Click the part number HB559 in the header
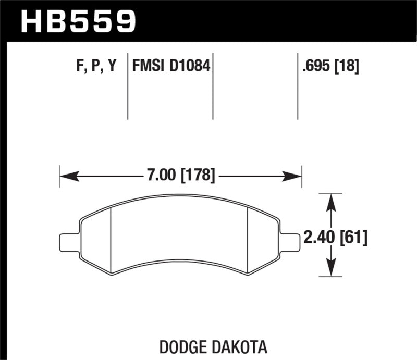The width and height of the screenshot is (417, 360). (78, 21)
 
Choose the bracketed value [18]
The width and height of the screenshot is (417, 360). (347, 66)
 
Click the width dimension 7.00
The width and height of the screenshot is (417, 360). (158, 176)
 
